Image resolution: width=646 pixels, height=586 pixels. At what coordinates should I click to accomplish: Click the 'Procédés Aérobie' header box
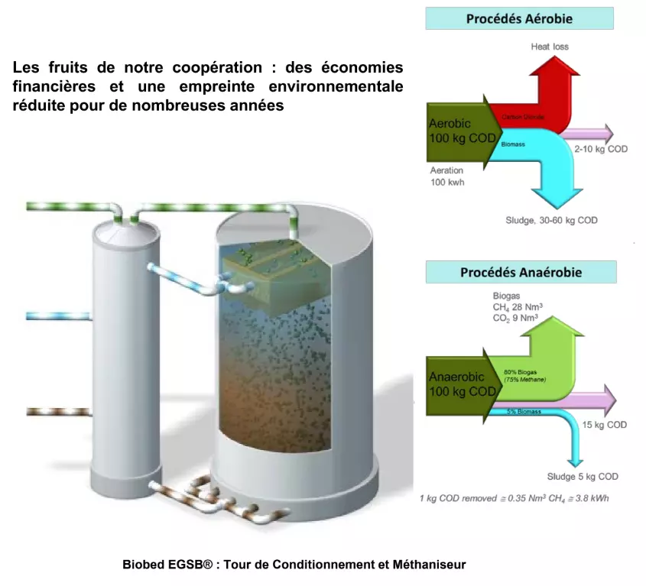(520, 18)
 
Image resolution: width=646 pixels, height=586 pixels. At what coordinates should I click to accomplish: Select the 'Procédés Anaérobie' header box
(521, 272)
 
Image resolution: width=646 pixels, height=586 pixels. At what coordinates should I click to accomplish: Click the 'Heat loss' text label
(550, 47)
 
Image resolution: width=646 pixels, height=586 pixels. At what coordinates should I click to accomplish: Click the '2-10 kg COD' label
(601, 149)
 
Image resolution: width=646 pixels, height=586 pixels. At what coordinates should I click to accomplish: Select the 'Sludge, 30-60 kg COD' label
(551, 220)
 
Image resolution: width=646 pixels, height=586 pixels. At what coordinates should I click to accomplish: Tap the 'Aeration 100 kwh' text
(447, 176)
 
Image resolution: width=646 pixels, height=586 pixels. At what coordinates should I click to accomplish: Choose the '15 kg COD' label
(605, 425)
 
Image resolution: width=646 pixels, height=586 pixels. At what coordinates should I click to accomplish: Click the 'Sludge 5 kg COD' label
(583, 477)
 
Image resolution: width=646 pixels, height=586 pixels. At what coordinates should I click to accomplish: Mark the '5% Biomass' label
(524, 412)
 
